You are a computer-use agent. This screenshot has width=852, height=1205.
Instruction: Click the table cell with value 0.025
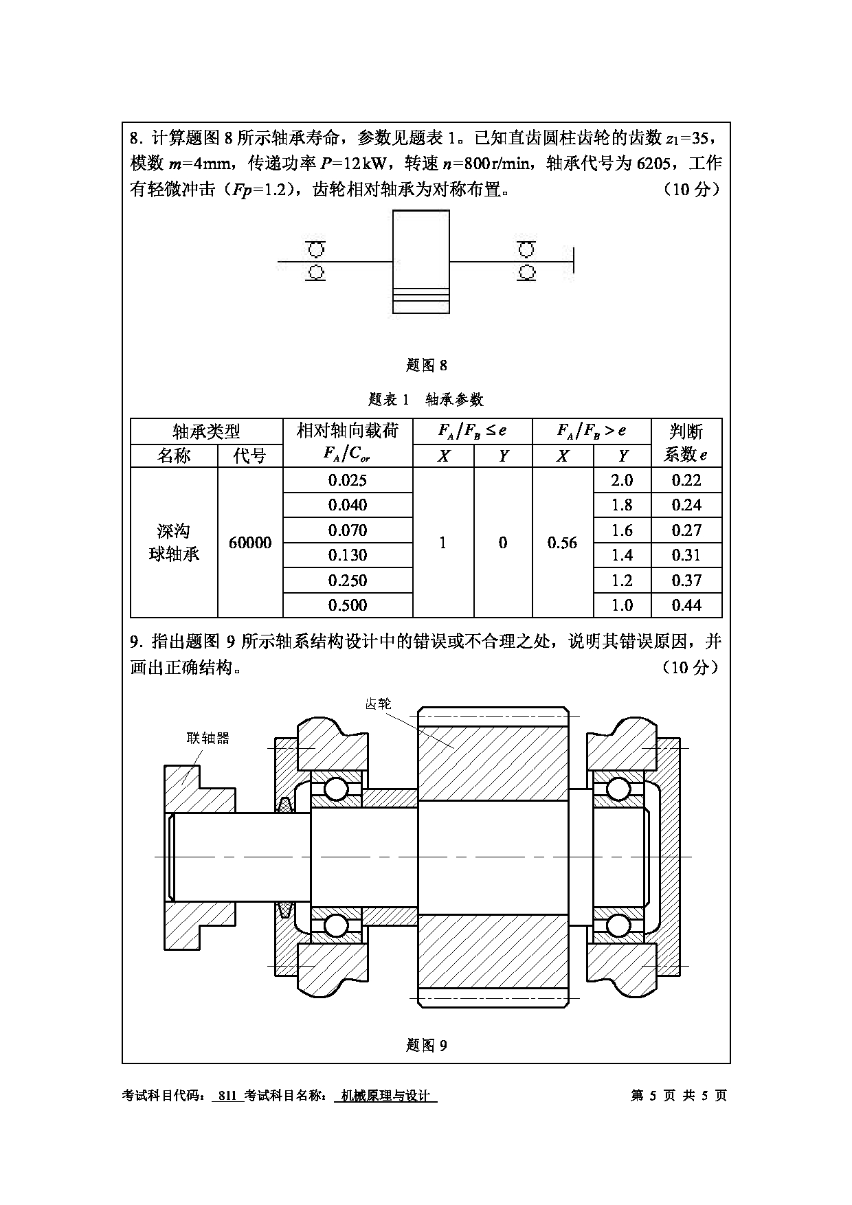click(348, 480)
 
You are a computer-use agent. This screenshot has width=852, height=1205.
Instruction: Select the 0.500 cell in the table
click(348, 605)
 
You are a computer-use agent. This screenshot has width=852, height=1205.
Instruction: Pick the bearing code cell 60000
click(250, 543)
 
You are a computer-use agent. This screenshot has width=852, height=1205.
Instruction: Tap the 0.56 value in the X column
click(563, 543)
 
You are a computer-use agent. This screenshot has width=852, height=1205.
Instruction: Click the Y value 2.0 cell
click(622, 480)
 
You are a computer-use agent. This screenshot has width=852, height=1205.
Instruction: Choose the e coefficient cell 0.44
click(686, 605)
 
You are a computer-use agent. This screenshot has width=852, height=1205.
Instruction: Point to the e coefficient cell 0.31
click(686, 555)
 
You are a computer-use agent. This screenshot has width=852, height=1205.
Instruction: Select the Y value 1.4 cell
click(622, 555)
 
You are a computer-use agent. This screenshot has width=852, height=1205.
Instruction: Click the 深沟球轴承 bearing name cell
click(174, 543)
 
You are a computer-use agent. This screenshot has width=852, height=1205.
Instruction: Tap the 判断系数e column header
click(686, 443)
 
